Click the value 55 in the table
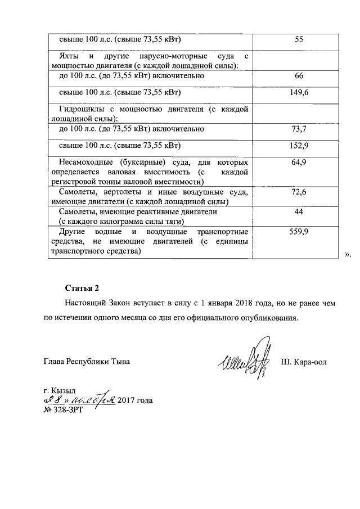click(x=299, y=40)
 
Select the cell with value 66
click(x=299, y=75)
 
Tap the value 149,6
click(x=299, y=93)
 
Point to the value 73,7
click(x=299, y=129)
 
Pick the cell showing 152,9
click(x=299, y=146)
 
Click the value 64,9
click(x=299, y=163)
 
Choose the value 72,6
click(x=299, y=192)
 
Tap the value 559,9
click(x=299, y=232)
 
